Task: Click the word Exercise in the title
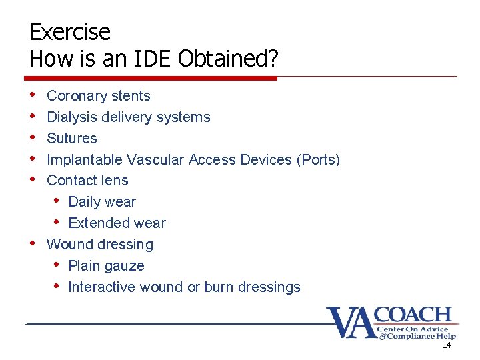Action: [x=70, y=32]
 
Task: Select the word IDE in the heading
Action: [x=150, y=59]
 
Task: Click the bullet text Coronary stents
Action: [x=99, y=96]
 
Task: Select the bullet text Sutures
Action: [x=72, y=139]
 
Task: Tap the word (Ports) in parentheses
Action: [x=318, y=160]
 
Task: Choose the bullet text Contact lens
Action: [x=87, y=181]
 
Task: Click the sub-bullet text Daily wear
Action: [x=102, y=202]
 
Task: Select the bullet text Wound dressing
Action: [x=100, y=245]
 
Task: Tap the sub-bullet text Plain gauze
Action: [x=106, y=266]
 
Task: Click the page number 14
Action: [x=446, y=345]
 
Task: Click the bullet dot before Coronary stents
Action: [x=33, y=95]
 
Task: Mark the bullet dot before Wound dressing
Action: [x=33, y=244]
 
